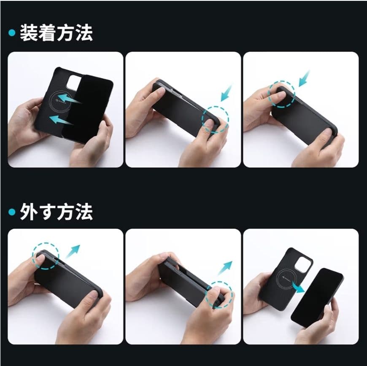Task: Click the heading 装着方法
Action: coord(56,33)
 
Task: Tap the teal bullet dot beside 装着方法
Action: coord(12,33)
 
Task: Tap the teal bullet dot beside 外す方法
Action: coord(12,212)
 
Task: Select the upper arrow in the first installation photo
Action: coord(70,100)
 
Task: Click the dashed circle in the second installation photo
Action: coord(215,119)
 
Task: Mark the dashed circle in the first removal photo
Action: coord(45,256)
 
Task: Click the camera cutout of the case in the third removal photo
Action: coord(303,264)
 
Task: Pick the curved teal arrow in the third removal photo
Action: coord(298,288)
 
